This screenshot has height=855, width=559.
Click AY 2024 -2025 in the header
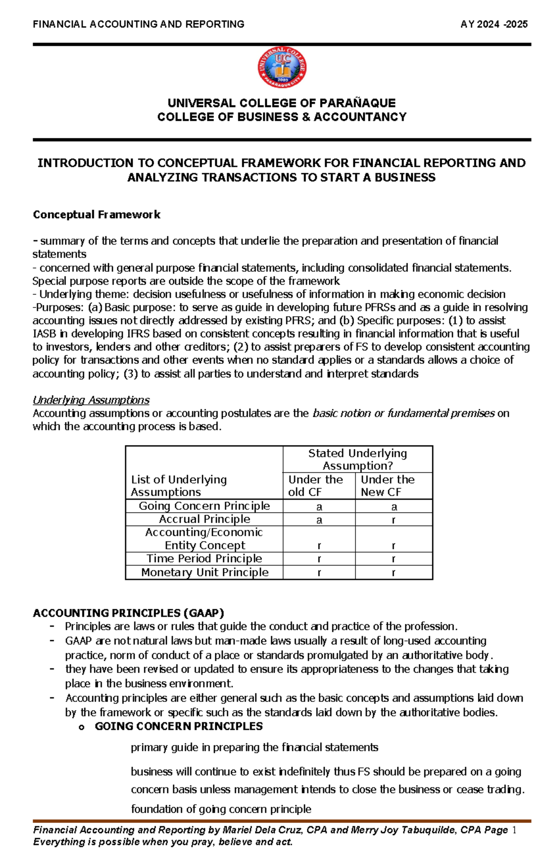click(x=494, y=24)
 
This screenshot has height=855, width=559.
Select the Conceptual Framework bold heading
click(x=96, y=215)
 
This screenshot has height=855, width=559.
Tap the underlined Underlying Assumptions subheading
click(x=91, y=400)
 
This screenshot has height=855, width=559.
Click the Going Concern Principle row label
click(x=204, y=506)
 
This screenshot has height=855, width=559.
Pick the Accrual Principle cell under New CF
click(x=394, y=520)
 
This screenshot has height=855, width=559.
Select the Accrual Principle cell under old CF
click(x=319, y=520)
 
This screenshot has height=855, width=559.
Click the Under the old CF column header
click(x=316, y=486)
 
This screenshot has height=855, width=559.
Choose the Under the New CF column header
click(x=388, y=486)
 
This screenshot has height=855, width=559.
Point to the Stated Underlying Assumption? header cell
click(x=357, y=459)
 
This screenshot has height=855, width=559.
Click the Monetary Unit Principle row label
click(x=205, y=572)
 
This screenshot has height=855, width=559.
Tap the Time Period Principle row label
click(x=204, y=558)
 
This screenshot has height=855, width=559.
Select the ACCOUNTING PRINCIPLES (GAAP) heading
click(x=129, y=613)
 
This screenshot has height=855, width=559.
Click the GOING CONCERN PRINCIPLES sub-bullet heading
click(x=178, y=726)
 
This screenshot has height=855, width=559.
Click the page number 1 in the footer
click(x=514, y=830)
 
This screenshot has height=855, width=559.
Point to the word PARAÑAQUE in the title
click(x=357, y=103)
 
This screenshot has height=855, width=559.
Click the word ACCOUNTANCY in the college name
click(x=360, y=117)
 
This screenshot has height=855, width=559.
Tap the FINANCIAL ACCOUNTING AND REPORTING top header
click(x=138, y=24)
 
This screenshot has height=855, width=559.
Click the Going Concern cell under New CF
click(x=394, y=506)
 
